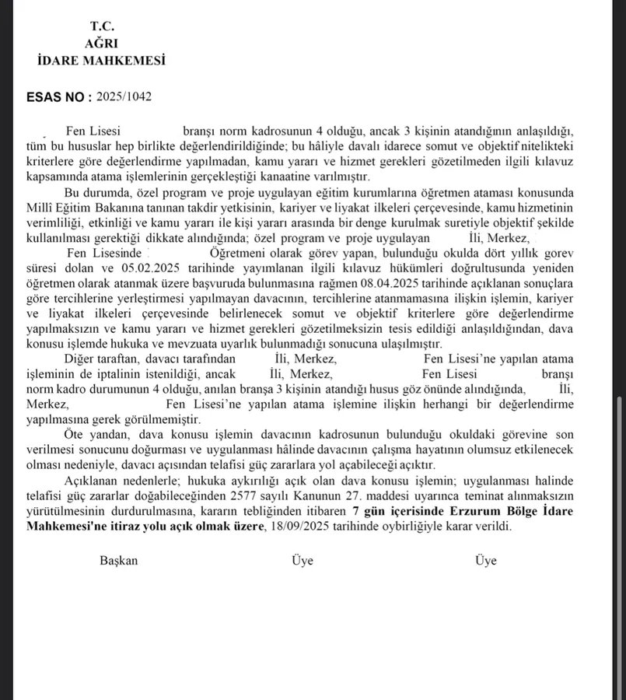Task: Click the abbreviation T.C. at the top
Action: coord(102,27)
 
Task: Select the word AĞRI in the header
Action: coord(101,44)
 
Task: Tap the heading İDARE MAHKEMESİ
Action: coord(101,61)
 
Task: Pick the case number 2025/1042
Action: coord(124,97)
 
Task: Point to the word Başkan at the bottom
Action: coord(118,560)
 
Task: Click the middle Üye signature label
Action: coord(303,560)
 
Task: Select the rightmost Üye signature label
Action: coord(486,560)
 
